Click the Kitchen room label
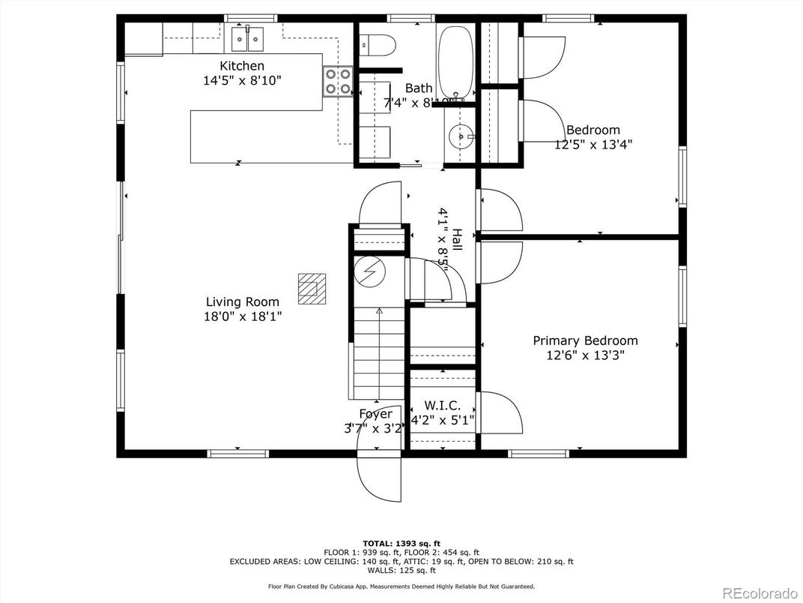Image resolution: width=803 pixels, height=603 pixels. point(241,66)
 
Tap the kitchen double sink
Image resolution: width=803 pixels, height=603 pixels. point(249,36)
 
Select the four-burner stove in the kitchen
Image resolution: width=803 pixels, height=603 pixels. point(338,82)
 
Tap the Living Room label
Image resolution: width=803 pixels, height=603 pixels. point(242,302)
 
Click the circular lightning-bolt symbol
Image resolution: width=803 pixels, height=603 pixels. point(369,271)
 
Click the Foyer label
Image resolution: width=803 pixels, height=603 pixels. point(375,414)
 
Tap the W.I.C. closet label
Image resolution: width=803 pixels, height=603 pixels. point(441,406)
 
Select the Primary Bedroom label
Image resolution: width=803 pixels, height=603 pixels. point(585,340)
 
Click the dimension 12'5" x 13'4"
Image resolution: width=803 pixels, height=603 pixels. point(593,145)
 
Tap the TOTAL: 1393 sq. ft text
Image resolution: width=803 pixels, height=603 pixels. point(401,543)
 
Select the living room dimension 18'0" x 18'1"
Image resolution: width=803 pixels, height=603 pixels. point(242,316)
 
